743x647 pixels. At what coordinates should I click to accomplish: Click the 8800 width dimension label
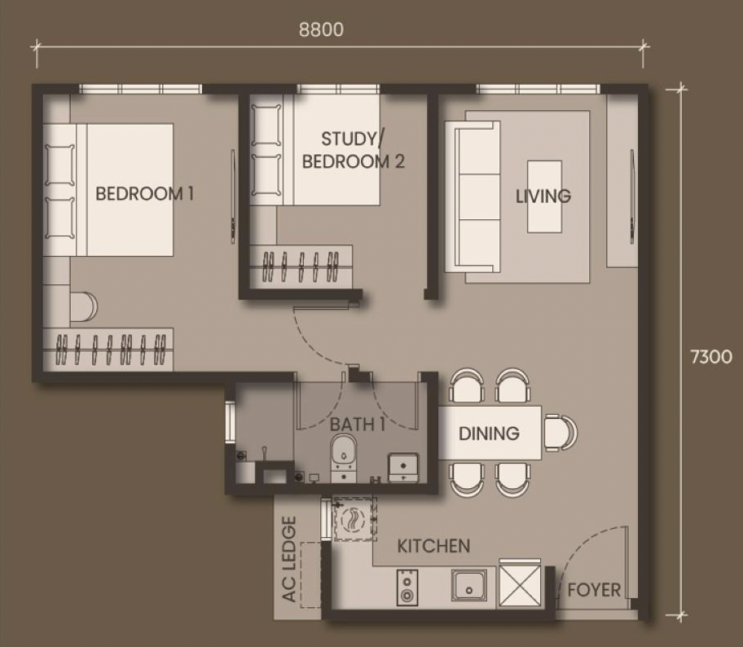click(x=321, y=29)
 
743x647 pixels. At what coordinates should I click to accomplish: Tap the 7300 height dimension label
click(x=710, y=356)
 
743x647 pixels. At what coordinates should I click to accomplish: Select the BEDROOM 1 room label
click(x=144, y=193)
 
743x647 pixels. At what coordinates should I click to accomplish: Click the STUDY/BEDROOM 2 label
click(x=353, y=150)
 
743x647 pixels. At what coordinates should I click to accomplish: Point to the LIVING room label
click(x=543, y=196)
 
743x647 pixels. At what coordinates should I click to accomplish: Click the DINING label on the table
click(x=489, y=434)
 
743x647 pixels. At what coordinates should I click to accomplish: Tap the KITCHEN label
click(x=433, y=546)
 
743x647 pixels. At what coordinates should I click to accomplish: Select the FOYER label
click(x=594, y=590)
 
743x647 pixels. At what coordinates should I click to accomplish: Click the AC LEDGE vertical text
click(x=289, y=559)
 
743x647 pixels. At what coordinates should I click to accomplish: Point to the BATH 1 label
click(x=358, y=425)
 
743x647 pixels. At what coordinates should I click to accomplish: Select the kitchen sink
click(x=468, y=585)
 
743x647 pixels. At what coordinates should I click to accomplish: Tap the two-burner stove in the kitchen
click(x=407, y=588)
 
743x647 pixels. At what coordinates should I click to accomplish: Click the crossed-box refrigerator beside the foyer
click(x=520, y=584)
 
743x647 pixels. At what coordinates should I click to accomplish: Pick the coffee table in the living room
click(x=544, y=196)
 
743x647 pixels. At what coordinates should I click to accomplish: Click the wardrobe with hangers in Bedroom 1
click(x=108, y=350)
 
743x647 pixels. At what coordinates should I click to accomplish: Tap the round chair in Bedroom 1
click(x=84, y=306)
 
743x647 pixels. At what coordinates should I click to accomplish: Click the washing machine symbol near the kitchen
click(x=354, y=519)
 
